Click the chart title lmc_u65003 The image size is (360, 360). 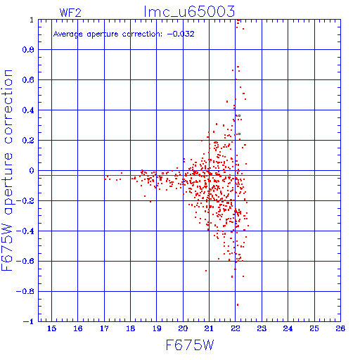coord(189,12)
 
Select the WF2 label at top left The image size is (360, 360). coord(70,13)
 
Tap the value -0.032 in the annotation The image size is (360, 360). coord(181,34)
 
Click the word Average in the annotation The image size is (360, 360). coord(68,34)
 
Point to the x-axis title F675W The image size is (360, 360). coord(190,345)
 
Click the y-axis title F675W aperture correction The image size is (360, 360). coord(8,170)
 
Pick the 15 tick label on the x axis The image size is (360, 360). coord(52,328)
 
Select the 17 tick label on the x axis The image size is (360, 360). coord(104,328)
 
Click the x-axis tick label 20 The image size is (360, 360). coord(183,328)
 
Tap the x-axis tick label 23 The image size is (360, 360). coord(262,328)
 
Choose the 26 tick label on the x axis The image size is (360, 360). coord(340,328)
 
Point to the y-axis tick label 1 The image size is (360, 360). coord(32,20)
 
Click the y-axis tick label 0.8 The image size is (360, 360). coord(28,50)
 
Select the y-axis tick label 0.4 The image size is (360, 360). coord(28,110)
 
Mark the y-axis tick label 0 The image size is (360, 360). coord(32,171)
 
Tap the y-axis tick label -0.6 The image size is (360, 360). coord(25,261)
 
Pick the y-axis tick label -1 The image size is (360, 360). coord(28,321)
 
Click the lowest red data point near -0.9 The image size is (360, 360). coord(238,305)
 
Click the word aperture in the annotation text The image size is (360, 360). coord(103,34)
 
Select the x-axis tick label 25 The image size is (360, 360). coord(314,328)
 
